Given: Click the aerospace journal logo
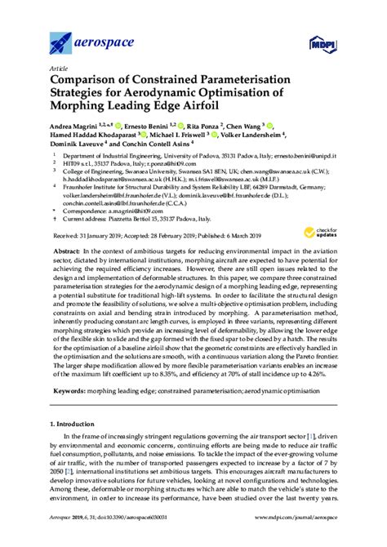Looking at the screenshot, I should pos(82,38).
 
